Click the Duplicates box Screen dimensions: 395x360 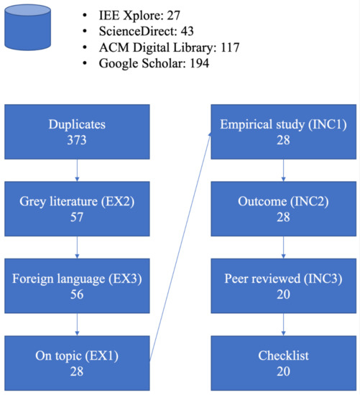(x=76, y=132)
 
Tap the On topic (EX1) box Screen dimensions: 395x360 (x=76, y=363)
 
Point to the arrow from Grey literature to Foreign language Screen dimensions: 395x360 (x=76, y=248)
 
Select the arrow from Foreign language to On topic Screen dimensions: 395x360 (x=76, y=325)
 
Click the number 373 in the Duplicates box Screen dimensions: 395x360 (x=76, y=140)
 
